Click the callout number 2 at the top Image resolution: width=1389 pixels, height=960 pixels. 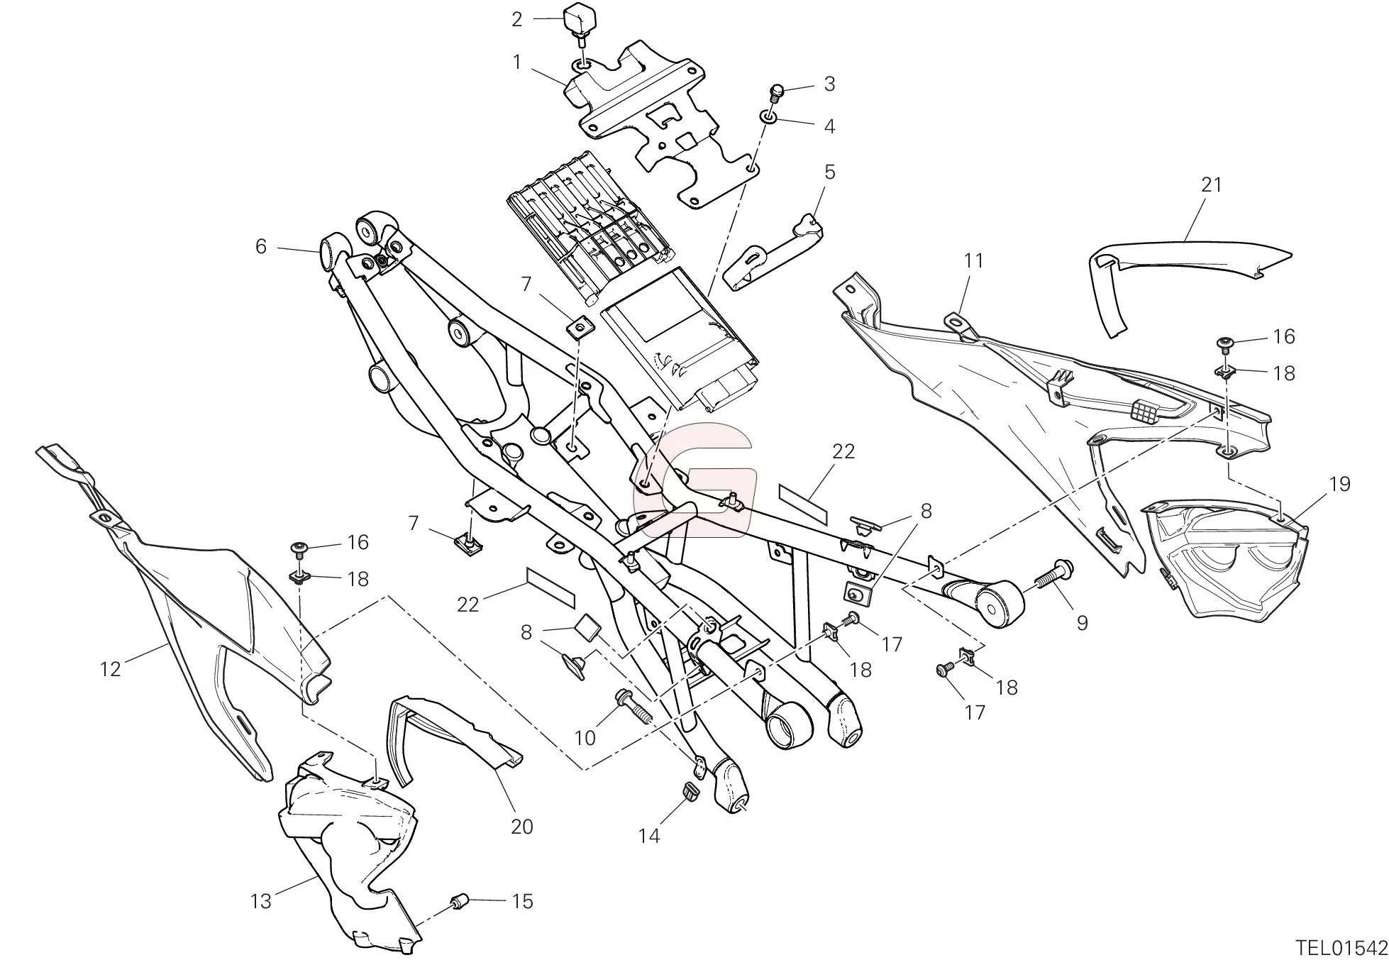click(516, 20)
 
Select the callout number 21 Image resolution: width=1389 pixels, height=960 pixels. click(1211, 184)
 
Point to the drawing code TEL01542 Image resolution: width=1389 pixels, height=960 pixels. click(1341, 948)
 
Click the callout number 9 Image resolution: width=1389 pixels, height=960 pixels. click(1082, 623)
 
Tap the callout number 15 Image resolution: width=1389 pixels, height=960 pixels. click(522, 901)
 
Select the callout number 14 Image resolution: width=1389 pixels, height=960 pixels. click(648, 836)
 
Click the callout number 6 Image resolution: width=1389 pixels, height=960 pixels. click(260, 246)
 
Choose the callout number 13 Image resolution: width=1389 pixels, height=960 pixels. click(260, 901)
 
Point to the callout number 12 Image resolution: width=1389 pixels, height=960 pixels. click(110, 668)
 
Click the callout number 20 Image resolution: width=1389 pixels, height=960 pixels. click(521, 827)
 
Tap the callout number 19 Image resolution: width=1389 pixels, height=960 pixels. click(1339, 484)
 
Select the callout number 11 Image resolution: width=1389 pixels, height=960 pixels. click(974, 261)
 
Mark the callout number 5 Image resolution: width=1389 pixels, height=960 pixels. click(829, 172)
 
